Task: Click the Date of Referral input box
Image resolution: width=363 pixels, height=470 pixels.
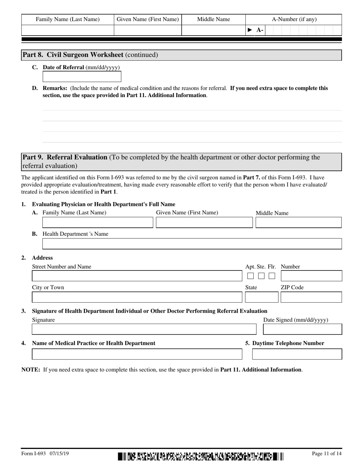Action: pos(82,76)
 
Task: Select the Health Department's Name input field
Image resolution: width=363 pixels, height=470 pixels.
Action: pos(192,244)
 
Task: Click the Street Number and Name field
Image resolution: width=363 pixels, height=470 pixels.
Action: pos(137,276)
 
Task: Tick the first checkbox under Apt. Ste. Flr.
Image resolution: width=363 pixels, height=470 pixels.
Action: pos(250,276)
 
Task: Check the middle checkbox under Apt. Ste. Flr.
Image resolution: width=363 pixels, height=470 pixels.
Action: pos(261,276)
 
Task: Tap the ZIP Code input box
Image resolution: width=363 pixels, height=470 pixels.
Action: pos(311,297)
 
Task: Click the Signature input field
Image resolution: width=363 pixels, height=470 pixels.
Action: pos(144,329)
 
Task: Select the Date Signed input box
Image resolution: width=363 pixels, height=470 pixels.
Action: pos(303,329)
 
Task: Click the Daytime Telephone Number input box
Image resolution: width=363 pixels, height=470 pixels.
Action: pos(297,354)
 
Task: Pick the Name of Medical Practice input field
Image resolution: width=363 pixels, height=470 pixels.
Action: pos(137,354)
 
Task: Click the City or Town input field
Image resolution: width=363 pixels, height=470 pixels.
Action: pos(137,297)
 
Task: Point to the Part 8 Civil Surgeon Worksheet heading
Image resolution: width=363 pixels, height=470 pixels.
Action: pos(90,55)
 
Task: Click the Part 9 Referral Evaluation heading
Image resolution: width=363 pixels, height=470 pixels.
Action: pos(65,157)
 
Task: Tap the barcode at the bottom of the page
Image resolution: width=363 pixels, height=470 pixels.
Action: pos(201,456)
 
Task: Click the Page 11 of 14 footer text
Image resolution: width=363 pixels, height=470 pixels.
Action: pos(327,454)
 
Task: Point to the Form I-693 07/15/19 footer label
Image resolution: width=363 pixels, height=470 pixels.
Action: pos(45,454)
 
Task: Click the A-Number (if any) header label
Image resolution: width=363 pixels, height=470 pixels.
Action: pos(294,19)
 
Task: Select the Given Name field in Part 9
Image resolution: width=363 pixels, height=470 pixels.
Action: pos(204,222)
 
